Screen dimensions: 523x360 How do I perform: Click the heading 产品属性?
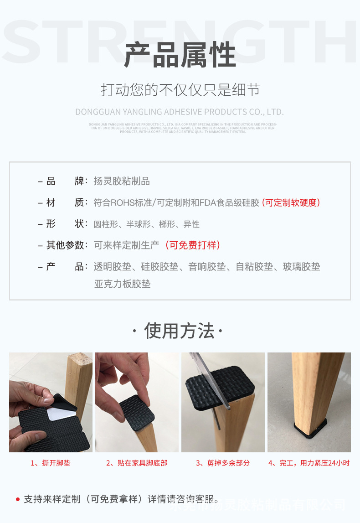tap(180, 55)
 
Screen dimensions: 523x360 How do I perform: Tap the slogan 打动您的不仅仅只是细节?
tap(180, 90)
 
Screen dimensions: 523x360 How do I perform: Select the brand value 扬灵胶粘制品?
tap(122, 181)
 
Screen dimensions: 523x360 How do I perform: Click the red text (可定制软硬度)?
tap(291, 202)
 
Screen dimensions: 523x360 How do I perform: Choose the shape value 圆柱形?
tap(106, 224)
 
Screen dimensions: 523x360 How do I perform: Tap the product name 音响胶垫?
tap(207, 267)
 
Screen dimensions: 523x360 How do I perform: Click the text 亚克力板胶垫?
tap(122, 284)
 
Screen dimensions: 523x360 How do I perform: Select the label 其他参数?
tap(66, 245)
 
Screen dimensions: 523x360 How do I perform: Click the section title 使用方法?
tap(179, 331)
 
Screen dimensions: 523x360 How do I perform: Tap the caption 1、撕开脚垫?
tap(51, 463)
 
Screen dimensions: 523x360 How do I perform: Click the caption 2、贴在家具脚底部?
tap(137, 463)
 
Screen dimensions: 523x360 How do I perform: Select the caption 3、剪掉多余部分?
tap(223, 463)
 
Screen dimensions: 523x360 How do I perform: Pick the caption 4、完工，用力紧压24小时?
tap(309, 463)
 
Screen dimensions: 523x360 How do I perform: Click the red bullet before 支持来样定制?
tap(18, 499)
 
